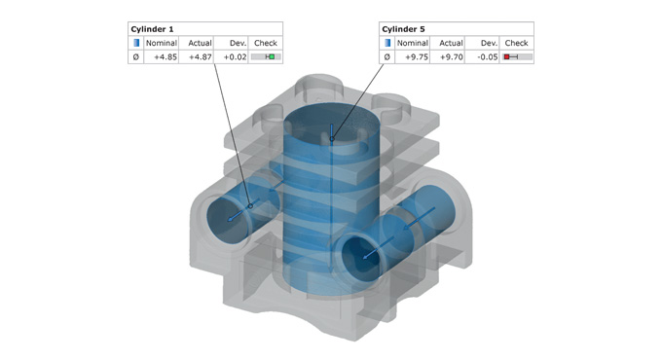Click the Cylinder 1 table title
152,29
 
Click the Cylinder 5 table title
403,29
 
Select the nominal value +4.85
165,57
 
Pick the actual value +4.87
201,57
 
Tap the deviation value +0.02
236,57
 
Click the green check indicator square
272,57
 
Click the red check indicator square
506,57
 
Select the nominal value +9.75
417,57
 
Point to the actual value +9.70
452,57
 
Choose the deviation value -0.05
487,57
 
